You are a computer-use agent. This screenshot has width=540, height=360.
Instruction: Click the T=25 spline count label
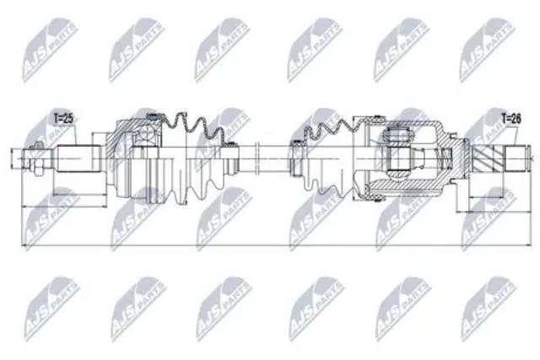pos(64,119)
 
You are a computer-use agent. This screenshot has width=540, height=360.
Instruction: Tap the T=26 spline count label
pos(511,120)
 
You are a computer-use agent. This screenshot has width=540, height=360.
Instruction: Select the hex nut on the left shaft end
pos(37,169)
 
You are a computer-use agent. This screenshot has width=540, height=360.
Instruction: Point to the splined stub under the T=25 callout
pos(78,159)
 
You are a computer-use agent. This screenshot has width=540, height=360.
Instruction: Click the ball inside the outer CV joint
pos(146,132)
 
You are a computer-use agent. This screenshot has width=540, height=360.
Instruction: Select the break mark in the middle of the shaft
pos(256,159)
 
